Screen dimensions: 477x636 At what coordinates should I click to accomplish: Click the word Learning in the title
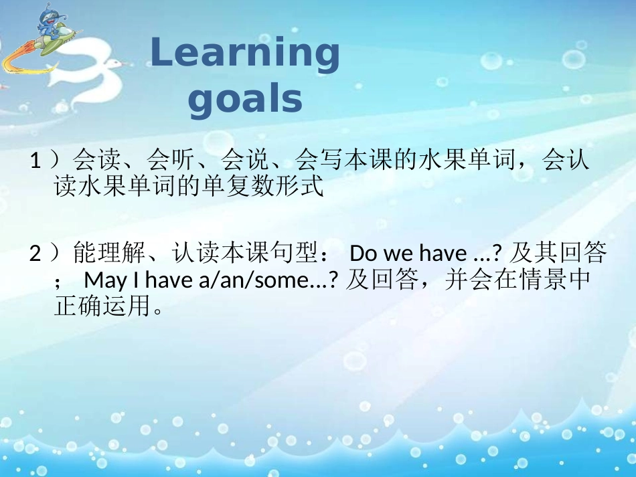pyautogui.click(x=245, y=56)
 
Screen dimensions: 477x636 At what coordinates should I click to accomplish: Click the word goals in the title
pyautogui.click(x=245, y=100)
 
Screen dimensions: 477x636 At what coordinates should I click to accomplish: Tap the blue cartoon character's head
pyautogui.click(x=48, y=15)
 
